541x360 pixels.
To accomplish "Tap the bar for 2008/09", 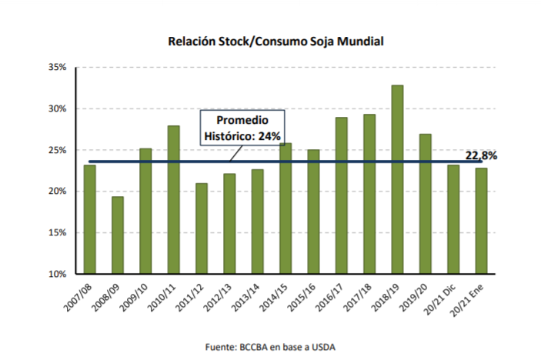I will (117, 235).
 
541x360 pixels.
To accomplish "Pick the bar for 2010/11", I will (173, 199).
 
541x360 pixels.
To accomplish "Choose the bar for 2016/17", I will (342, 195).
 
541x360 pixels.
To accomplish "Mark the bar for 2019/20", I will (426, 204).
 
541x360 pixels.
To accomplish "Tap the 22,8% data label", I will (481, 155).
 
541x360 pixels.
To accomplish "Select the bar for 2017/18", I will (369, 194).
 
